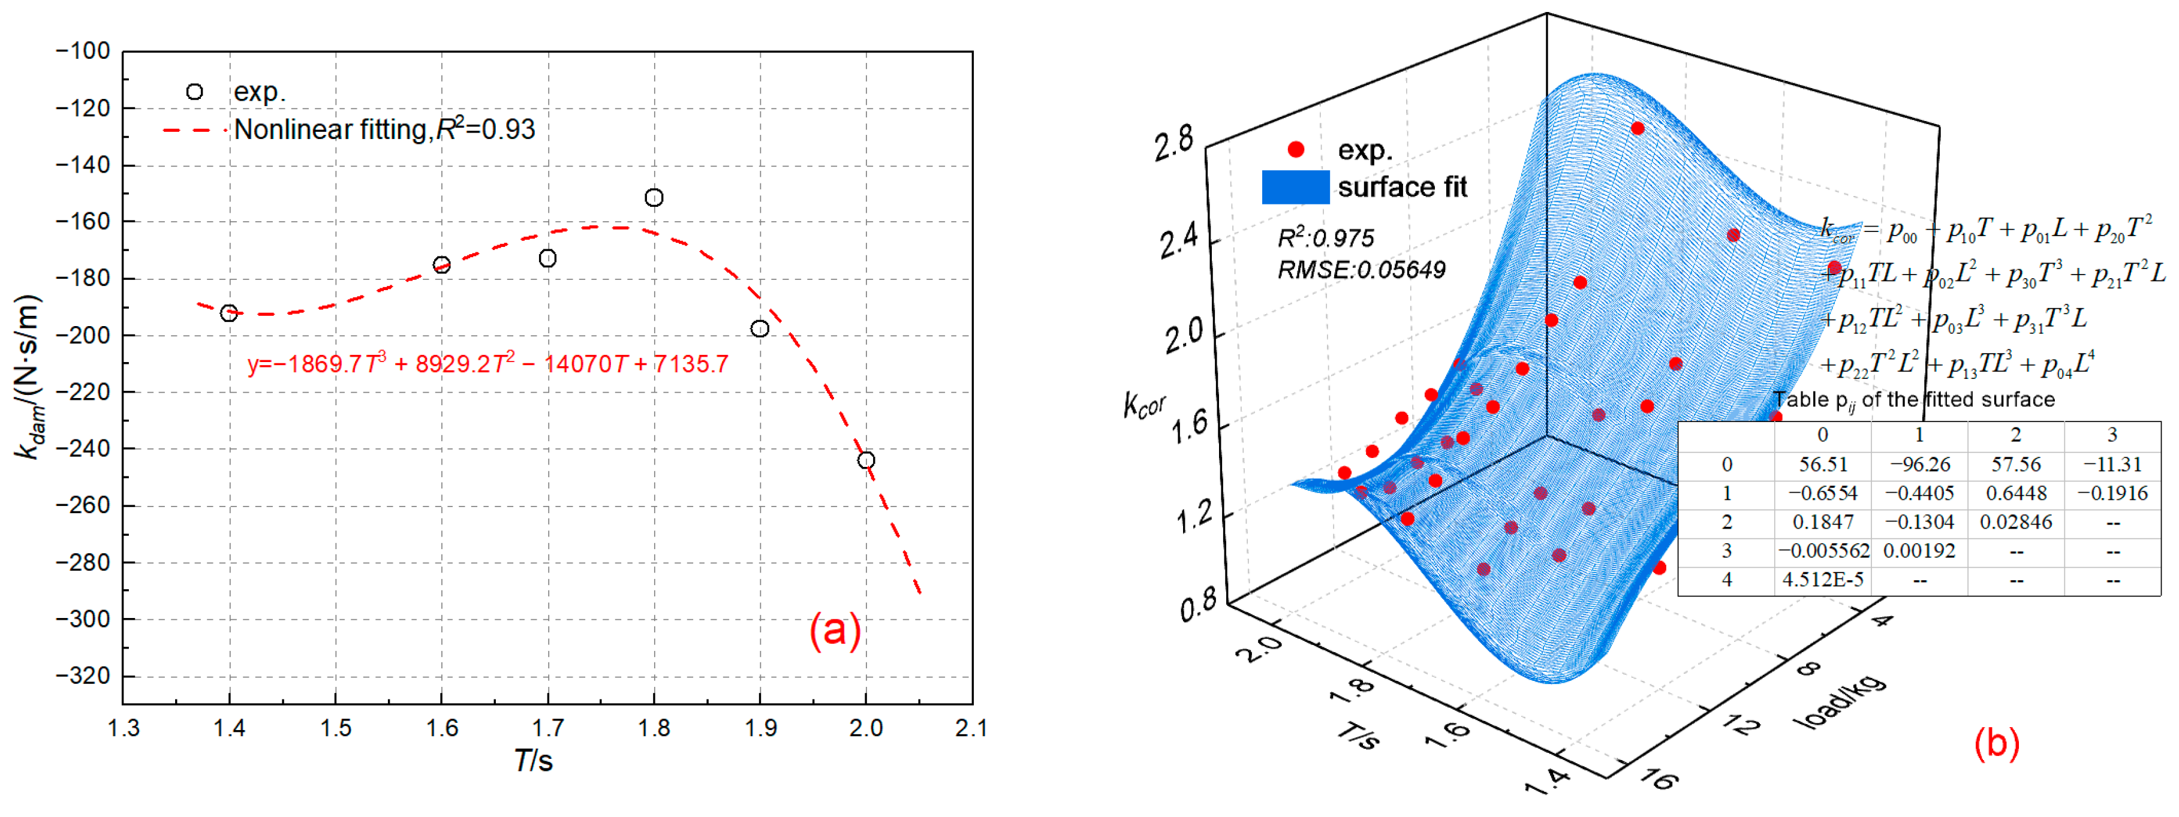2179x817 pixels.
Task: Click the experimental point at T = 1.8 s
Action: coord(654,198)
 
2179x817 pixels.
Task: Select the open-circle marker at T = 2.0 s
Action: coord(865,461)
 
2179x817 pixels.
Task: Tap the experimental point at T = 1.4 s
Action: coord(228,313)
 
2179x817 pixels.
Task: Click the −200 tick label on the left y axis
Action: coord(83,335)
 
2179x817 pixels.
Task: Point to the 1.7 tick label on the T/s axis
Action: coord(547,728)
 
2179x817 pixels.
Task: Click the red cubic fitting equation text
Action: coord(487,364)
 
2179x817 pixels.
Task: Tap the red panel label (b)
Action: coord(1996,743)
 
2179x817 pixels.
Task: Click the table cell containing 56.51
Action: coord(1823,465)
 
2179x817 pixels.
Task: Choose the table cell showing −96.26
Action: coord(1919,465)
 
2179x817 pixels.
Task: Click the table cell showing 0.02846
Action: coord(2016,523)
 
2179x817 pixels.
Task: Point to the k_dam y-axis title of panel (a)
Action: coord(29,377)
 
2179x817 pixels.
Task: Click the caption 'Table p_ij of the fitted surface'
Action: coord(1913,400)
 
